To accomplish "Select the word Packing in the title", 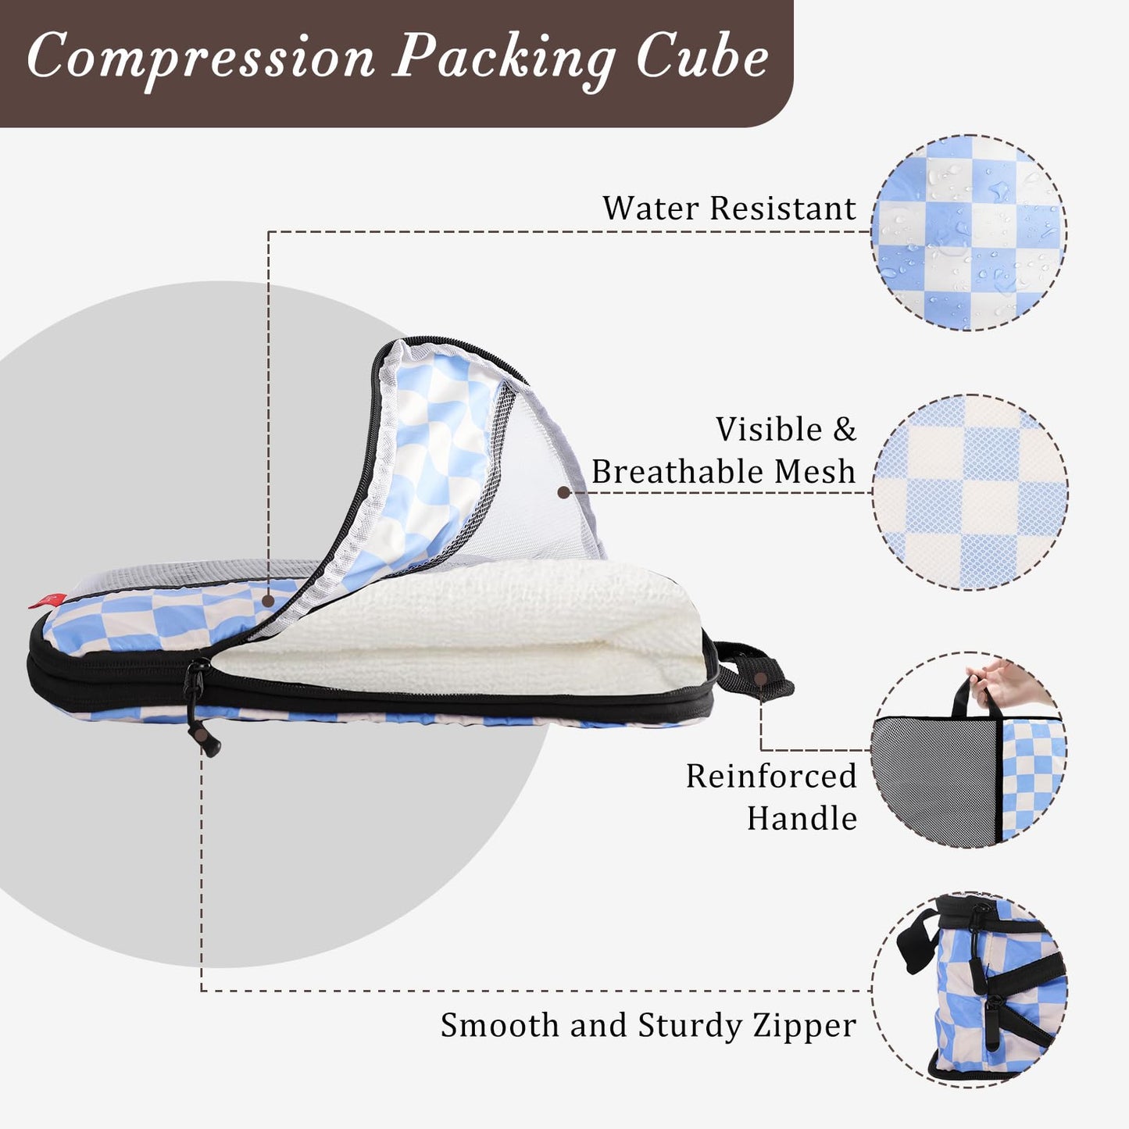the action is [x=502, y=59].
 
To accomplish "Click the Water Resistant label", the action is [x=729, y=209].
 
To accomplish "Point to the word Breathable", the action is [x=677, y=472].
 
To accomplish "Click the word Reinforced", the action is [x=771, y=776].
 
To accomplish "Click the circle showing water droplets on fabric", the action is [x=969, y=232].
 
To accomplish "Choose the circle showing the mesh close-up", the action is [x=970, y=492].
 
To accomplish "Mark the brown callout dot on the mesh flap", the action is [x=563, y=492].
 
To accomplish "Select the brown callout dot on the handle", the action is [x=762, y=678].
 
